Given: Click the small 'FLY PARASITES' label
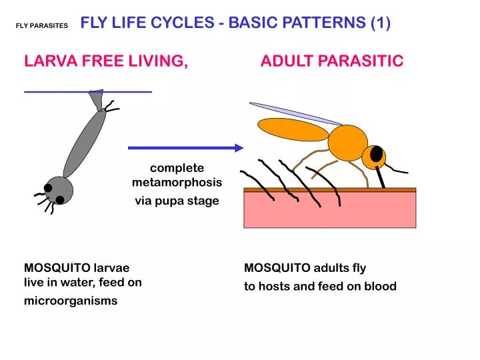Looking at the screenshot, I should pos(42,25).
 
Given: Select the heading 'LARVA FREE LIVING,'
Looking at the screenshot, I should pos(105,61).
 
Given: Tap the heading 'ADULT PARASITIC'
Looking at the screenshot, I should pos(331,61).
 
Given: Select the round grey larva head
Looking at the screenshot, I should pos(59,191).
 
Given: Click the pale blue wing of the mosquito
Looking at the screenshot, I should pos(293,113).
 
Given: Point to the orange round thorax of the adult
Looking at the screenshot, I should pos(347,142).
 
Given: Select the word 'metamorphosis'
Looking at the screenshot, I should pos(177,182).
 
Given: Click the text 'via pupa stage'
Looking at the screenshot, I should pos(177,201).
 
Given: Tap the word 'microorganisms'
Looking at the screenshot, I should pos(71,301).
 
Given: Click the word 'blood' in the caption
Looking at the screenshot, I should pos(381,287).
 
